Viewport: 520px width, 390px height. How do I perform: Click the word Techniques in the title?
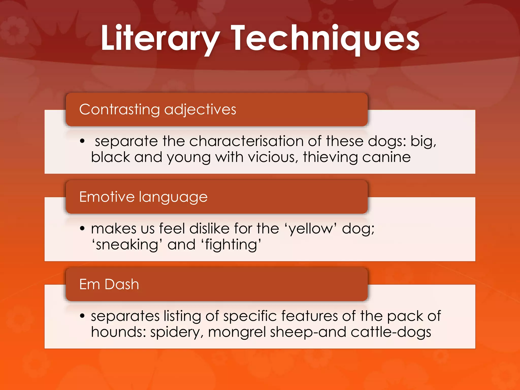(x=325, y=38)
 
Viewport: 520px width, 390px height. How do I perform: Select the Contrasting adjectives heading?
(x=157, y=109)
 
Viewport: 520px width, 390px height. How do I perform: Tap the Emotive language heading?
(x=143, y=197)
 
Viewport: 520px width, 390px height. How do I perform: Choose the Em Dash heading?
(x=109, y=284)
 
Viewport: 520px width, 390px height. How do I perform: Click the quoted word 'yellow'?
(x=311, y=229)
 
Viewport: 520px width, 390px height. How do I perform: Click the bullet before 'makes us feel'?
(x=82, y=228)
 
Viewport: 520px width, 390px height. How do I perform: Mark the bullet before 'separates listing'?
(x=82, y=316)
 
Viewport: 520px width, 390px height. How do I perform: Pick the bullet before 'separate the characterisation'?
(x=82, y=141)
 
